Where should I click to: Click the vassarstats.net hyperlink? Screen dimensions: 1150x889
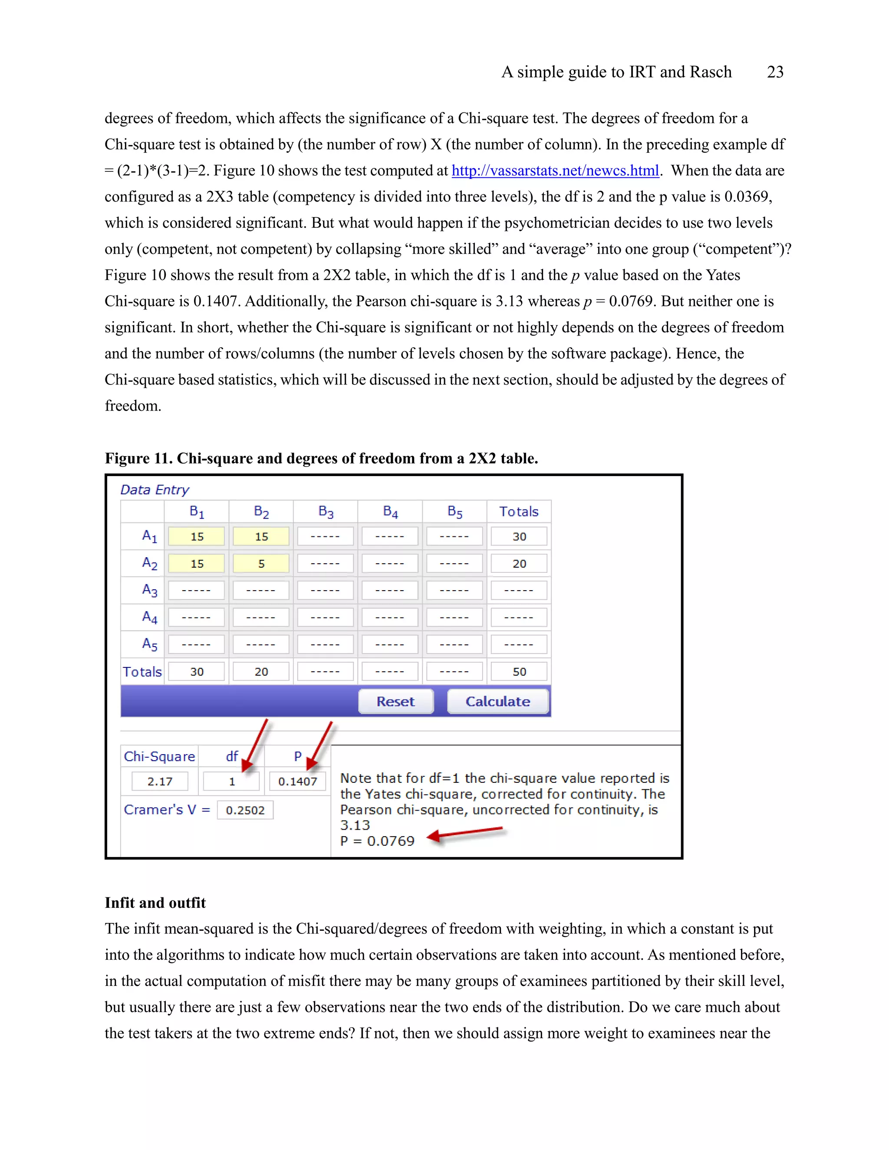pos(555,171)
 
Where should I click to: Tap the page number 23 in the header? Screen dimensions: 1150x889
pos(775,72)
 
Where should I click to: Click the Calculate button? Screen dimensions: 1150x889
pos(498,701)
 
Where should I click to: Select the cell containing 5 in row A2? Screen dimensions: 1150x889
pos(261,563)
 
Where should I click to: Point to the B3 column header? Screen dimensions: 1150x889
pos(326,511)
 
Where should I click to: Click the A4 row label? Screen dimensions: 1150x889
pos(150,617)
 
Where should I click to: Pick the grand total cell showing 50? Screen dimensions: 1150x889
pos(519,671)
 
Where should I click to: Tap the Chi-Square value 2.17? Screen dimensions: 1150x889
pos(160,781)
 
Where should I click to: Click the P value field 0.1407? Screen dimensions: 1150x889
pos(297,781)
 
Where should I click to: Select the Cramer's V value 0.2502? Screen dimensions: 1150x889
pos(245,810)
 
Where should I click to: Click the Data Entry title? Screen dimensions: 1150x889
pos(154,490)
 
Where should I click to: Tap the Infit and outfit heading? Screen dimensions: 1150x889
pos(155,903)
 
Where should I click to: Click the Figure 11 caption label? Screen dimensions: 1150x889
pos(321,458)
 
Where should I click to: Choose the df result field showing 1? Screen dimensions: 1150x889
pos(232,781)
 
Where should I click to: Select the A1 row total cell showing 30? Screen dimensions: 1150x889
pos(519,536)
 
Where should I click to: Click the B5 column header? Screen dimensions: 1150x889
pos(454,511)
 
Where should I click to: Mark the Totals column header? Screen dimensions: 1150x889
pos(519,511)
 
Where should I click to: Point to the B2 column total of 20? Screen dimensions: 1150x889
pos(261,671)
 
